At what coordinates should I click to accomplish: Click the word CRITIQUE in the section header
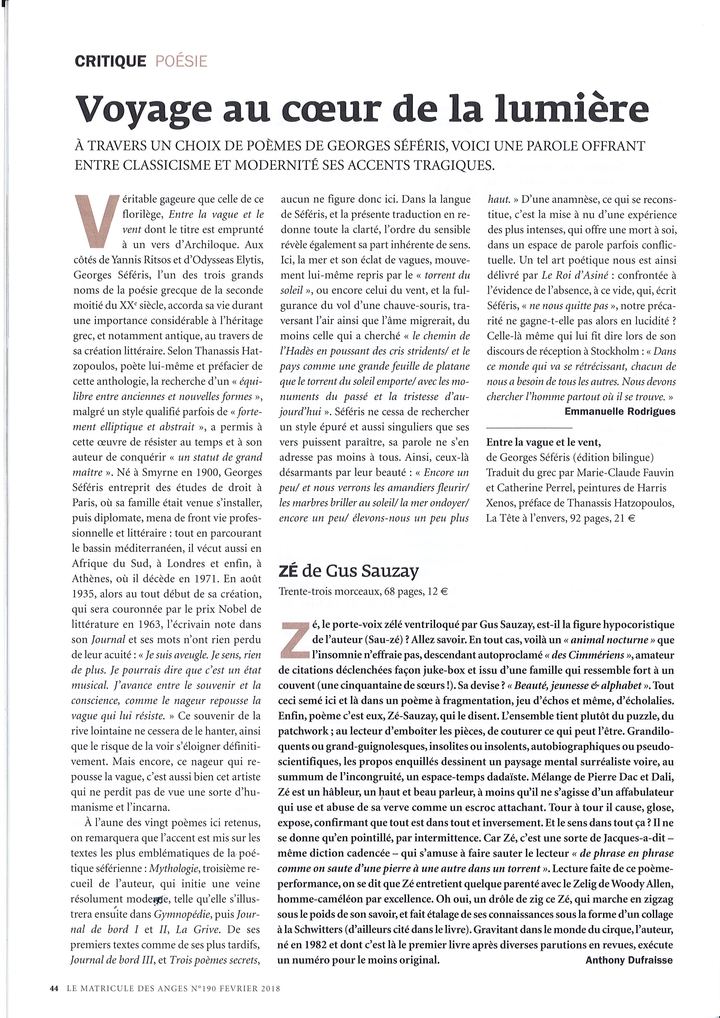(x=110, y=61)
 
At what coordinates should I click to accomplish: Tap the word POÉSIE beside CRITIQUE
(x=181, y=61)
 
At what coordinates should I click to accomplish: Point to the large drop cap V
(x=97, y=222)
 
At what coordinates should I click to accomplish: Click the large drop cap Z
(x=294, y=640)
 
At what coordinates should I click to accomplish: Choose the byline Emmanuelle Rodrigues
(x=620, y=411)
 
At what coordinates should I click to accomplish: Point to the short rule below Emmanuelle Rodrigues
(x=530, y=428)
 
